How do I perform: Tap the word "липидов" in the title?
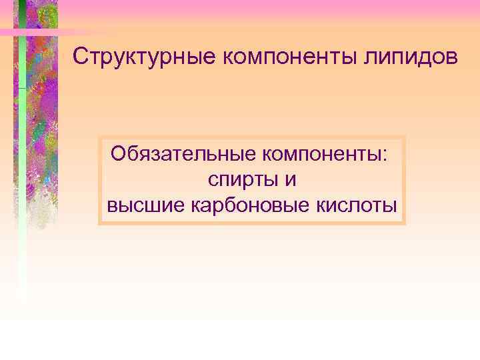415,57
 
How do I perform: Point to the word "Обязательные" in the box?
183,154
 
